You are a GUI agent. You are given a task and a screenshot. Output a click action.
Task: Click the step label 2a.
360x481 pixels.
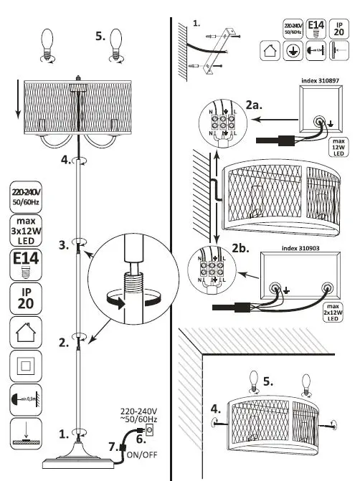tap(253, 105)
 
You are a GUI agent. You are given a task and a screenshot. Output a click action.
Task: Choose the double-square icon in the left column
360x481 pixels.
tap(26, 366)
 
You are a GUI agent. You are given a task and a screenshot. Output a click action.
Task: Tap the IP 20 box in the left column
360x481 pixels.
tap(27, 297)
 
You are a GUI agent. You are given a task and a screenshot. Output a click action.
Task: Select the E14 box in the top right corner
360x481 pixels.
tap(316, 29)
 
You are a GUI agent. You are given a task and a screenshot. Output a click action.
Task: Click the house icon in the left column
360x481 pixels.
tap(26, 331)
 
